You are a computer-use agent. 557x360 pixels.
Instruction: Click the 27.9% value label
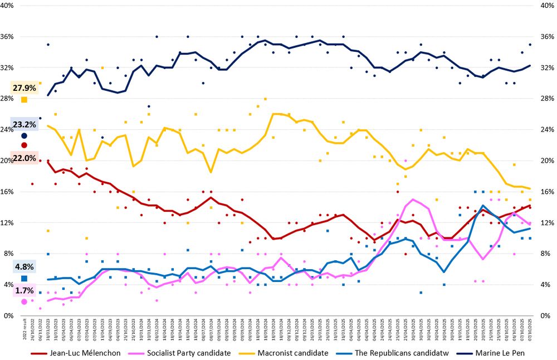pyautogui.click(x=25, y=88)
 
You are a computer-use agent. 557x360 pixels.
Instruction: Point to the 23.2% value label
pyautogui.click(x=25, y=125)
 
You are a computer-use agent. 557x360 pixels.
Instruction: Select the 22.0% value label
pyautogui.click(x=25, y=158)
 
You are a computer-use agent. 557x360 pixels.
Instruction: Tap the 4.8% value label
pyautogui.click(x=25, y=267)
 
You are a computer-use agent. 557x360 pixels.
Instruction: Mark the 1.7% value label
pyautogui.click(x=25, y=291)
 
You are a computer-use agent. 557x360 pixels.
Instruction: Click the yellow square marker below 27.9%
pyautogui.click(x=24, y=100)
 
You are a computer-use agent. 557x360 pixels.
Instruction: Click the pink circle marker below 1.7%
pyautogui.click(x=24, y=301)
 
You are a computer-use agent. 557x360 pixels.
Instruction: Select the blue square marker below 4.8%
pyautogui.click(x=24, y=278)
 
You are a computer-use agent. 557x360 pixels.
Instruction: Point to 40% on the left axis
pyautogui.click(x=12, y=6)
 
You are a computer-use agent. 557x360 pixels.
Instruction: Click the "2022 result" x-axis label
pyautogui.click(x=24, y=330)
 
